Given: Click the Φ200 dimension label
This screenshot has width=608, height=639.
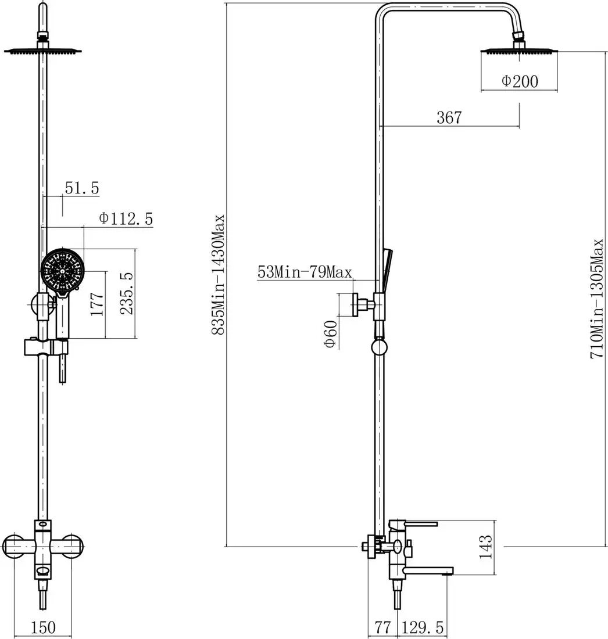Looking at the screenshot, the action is pyautogui.click(x=520, y=81).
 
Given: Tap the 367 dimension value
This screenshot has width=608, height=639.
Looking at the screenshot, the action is pyautogui.click(x=449, y=117).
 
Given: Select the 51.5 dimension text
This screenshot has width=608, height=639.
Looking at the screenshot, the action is pyautogui.click(x=82, y=188).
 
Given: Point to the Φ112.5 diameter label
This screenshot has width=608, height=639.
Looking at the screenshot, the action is pyautogui.click(x=126, y=218).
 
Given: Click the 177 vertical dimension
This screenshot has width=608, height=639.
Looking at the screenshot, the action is pyautogui.click(x=97, y=304).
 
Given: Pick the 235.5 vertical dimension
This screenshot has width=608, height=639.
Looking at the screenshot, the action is pyautogui.click(x=127, y=293).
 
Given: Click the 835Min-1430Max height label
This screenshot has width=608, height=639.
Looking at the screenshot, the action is pyautogui.click(x=218, y=275).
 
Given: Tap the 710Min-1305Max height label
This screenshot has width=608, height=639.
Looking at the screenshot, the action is pyautogui.click(x=597, y=299).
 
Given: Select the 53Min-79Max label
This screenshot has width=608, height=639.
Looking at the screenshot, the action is pyautogui.click(x=305, y=272).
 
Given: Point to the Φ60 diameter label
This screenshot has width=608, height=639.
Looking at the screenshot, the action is pyautogui.click(x=331, y=334).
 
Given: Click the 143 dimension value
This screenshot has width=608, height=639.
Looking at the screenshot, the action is pyautogui.click(x=485, y=547).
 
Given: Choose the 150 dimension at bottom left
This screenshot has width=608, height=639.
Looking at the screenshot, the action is pyautogui.click(x=43, y=627).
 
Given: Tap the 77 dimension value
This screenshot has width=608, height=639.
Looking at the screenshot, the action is pyautogui.click(x=382, y=627).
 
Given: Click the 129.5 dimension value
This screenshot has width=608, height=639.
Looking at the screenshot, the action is pyautogui.click(x=423, y=627).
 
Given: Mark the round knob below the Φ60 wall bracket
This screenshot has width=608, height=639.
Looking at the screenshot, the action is pyautogui.click(x=379, y=347).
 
